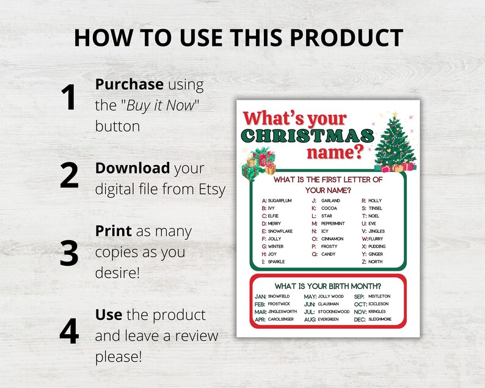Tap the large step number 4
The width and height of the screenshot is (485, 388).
point(69,332)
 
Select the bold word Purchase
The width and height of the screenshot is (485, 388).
point(129,84)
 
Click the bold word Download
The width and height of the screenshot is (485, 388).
point(132,168)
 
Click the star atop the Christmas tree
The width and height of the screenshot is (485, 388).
point(395,115)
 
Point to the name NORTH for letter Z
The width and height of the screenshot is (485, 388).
point(375,262)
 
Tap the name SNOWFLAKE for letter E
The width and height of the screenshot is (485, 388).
point(280,232)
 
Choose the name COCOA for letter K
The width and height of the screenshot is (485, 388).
point(329,208)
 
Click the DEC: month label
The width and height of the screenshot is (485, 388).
point(360,320)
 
